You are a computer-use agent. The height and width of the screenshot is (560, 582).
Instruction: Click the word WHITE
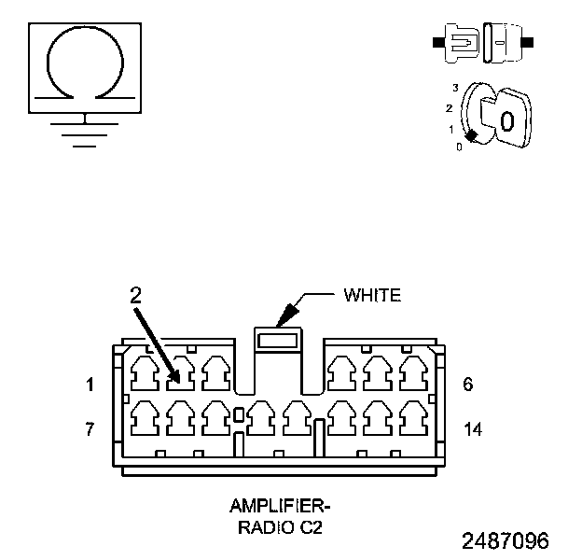click(x=372, y=296)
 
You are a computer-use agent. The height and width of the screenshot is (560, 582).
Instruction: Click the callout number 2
click(x=136, y=295)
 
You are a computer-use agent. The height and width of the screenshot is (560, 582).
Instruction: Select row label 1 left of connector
click(x=90, y=384)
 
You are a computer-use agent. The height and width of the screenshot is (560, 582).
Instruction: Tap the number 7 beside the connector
click(x=90, y=429)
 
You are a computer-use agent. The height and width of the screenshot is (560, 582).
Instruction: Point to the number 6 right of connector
click(x=468, y=384)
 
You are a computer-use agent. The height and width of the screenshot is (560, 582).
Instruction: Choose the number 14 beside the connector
click(x=474, y=429)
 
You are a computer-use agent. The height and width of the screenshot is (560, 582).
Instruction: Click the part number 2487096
click(x=505, y=540)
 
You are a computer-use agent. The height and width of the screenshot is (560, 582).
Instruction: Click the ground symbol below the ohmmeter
click(x=86, y=131)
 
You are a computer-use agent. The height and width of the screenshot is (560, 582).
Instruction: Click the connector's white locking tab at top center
click(x=279, y=341)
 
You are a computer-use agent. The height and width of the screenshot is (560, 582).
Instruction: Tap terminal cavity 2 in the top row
click(x=180, y=373)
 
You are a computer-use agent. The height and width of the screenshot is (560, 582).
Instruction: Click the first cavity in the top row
click(x=145, y=373)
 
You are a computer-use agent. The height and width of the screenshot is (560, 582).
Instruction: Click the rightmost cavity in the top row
click(x=411, y=373)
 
